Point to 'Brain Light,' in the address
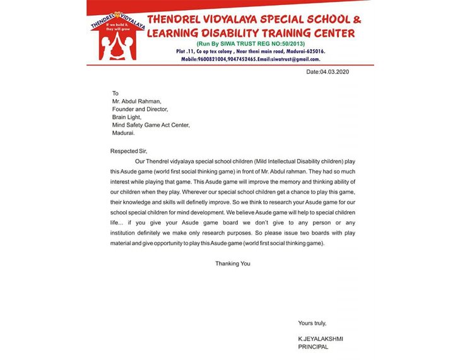tap(127, 117)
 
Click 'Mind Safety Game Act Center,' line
tap(150, 125)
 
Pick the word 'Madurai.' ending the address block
tap(123, 133)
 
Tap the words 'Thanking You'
tap(233, 264)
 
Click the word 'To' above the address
tap(115, 93)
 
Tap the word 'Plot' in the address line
tap(183, 51)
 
